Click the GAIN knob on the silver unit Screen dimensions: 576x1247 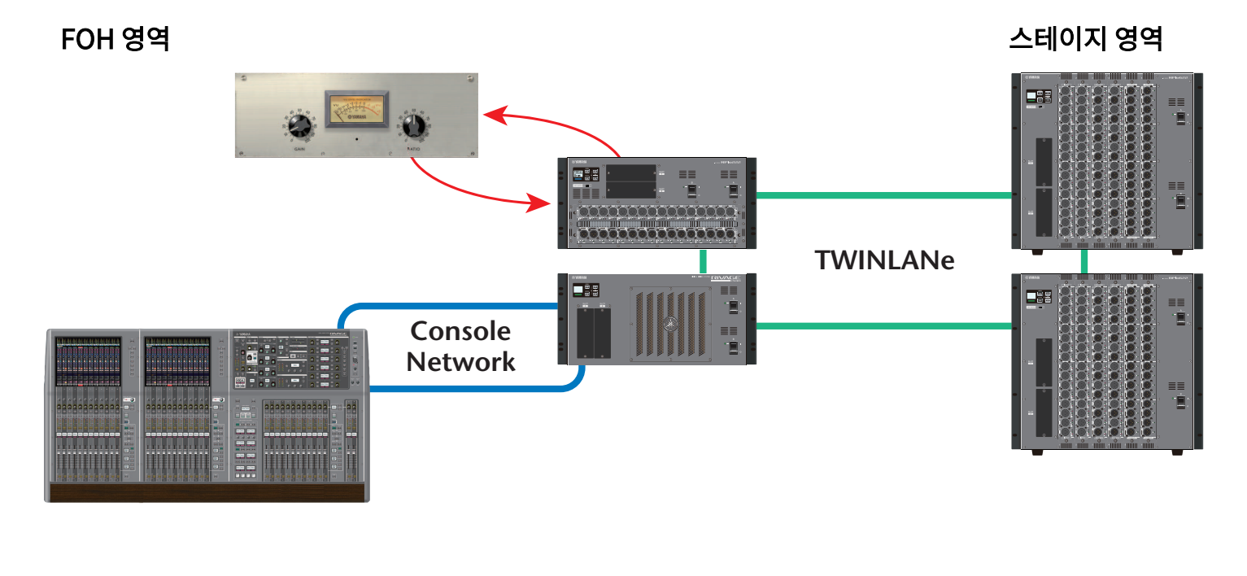point(299,125)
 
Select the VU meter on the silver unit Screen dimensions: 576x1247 point(356,109)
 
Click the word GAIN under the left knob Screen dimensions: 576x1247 point(299,149)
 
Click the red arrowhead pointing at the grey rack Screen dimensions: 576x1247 point(538,202)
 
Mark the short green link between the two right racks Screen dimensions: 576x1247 point(1084,261)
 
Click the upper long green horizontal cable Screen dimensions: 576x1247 point(883,195)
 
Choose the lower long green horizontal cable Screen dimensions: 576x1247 point(883,325)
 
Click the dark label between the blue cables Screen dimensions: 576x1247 point(460,346)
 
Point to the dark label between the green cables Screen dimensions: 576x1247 point(883,260)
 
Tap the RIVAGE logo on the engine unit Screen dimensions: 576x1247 point(726,279)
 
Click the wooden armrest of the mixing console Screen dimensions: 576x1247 point(208,492)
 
